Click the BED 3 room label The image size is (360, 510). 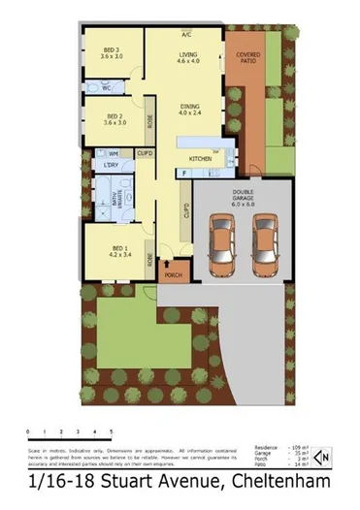[x=113, y=52]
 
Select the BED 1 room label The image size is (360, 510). [x=117, y=249]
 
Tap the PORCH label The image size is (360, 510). [x=174, y=275]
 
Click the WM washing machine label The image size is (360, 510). [x=114, y=153]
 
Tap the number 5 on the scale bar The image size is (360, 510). [x=111, y=430]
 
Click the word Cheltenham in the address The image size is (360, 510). [x=278, y=482]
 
